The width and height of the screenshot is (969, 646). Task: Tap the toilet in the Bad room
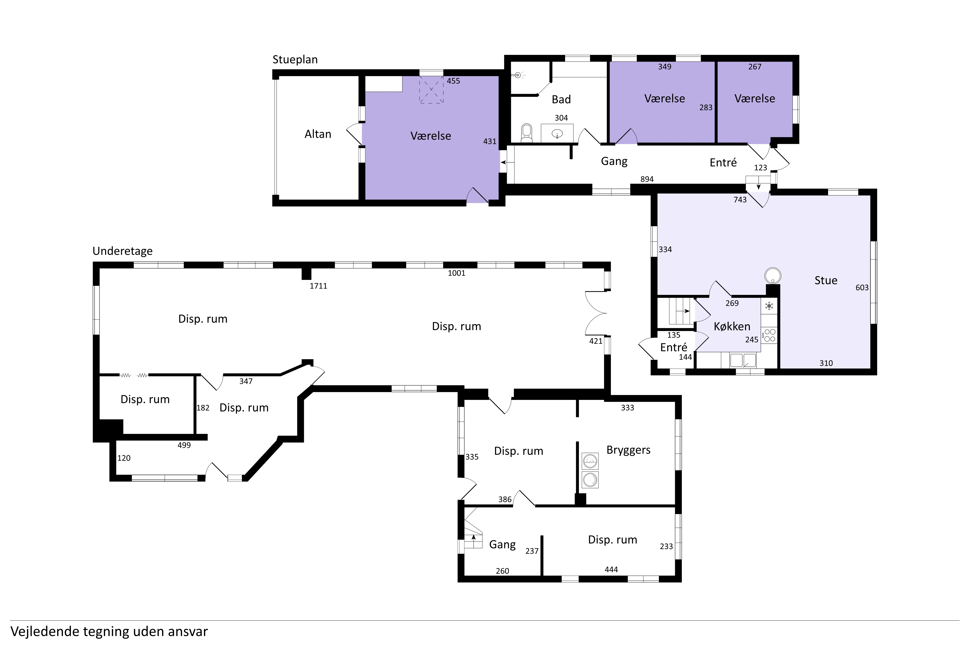point(526,133)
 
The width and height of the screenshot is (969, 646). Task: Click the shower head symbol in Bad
point(519,75)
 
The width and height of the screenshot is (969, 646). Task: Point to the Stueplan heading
point(295,60)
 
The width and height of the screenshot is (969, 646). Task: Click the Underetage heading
point(122,251)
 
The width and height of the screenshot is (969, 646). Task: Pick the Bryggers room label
point(628,450)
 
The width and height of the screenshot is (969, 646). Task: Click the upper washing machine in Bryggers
point(590,461)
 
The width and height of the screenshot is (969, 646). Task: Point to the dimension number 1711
point(318,286)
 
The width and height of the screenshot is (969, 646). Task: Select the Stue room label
point(826,281)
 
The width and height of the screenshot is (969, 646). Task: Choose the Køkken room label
point(732,326)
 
